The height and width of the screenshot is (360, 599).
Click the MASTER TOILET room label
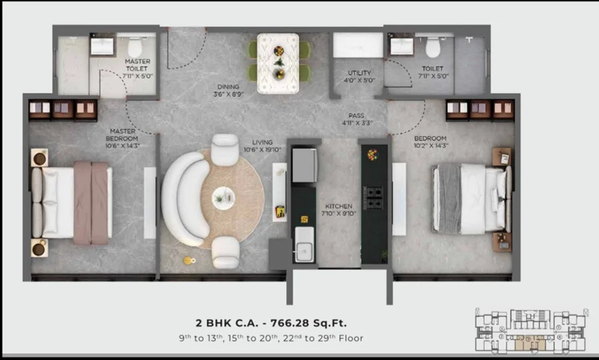coord(138,69)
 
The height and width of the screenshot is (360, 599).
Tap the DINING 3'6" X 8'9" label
coord(228,90)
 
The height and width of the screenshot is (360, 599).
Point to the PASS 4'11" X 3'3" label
coord(357,119)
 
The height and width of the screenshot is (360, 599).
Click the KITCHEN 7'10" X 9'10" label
coord(339,210)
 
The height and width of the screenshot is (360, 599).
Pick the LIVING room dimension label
coord(262,146)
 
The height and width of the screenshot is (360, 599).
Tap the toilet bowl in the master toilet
coord(134,47)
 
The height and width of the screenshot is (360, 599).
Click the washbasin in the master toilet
coord(102,46)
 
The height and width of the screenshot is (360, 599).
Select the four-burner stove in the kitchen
coord(373,198)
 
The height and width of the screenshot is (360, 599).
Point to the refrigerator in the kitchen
coord(304,165)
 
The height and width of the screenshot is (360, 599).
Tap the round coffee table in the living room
coord(224,198)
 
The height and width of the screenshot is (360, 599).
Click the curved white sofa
coord(185,198)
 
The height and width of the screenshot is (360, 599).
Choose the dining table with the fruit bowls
coord(278,63)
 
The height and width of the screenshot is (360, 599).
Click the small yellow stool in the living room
coord(188,261)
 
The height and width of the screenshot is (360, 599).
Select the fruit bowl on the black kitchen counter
coord(373,154)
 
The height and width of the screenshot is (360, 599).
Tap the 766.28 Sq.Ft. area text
coord(309,323)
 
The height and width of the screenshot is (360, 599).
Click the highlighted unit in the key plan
coord(530,343)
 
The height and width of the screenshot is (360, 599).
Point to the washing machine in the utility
coord(358,45)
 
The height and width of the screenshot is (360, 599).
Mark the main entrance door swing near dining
coord(187,49)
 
